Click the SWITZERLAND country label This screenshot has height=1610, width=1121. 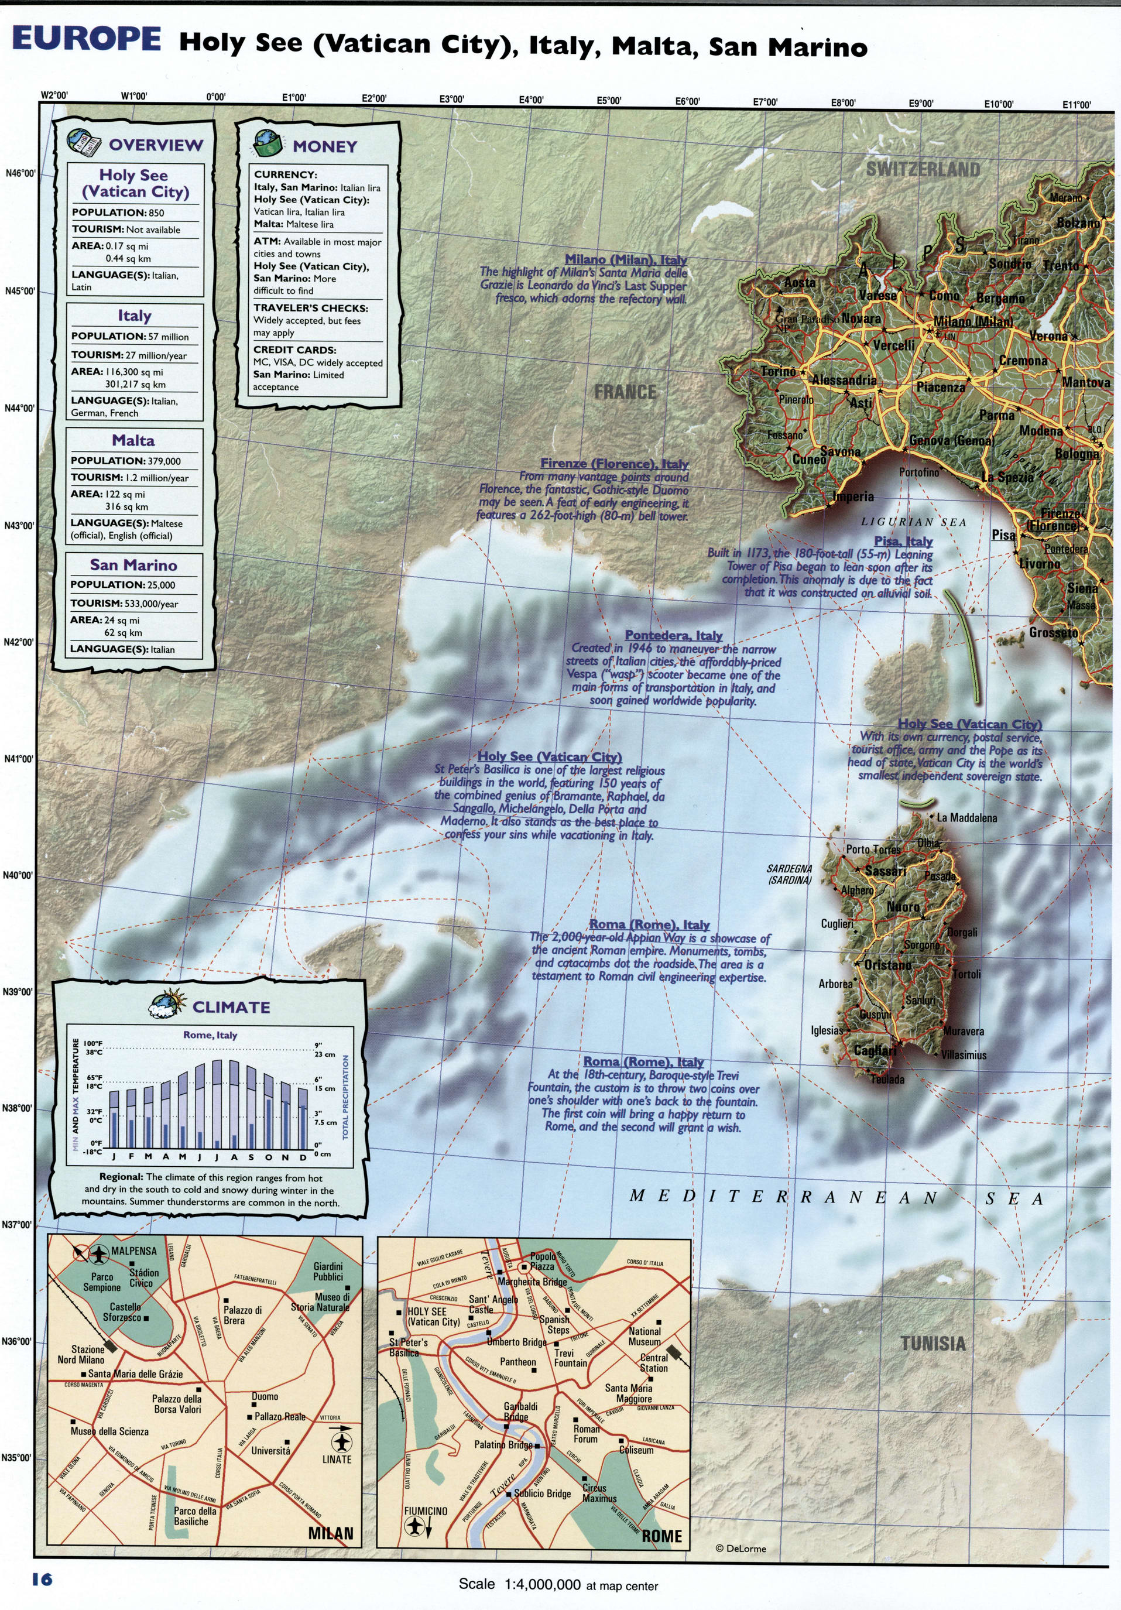click(x=923, y=169)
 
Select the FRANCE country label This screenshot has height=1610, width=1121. click(x=625, y=392)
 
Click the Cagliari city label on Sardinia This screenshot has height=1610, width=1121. click(x=875, y=1050)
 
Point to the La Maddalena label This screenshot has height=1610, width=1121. click(x=966, y=818)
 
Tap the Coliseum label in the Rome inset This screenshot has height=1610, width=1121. click(x=636, y=1450)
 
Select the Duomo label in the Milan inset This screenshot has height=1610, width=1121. click(x=265, y=1397)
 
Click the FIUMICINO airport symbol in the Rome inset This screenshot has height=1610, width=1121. click(x=415, y=1526)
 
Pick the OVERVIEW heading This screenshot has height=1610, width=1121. click(x=156, y=145)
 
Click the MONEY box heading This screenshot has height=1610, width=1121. click(x=324, y=146)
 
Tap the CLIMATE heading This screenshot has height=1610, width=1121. click(x=231, y=1008)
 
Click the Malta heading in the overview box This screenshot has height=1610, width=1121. click(x=133, y=441)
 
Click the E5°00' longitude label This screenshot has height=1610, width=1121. click(x=609, y=100)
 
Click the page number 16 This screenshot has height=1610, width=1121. click(x=42, y=1578)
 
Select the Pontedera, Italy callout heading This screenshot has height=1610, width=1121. click(x=673, y=635)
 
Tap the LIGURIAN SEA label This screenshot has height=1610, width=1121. click(x=914, y=522)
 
